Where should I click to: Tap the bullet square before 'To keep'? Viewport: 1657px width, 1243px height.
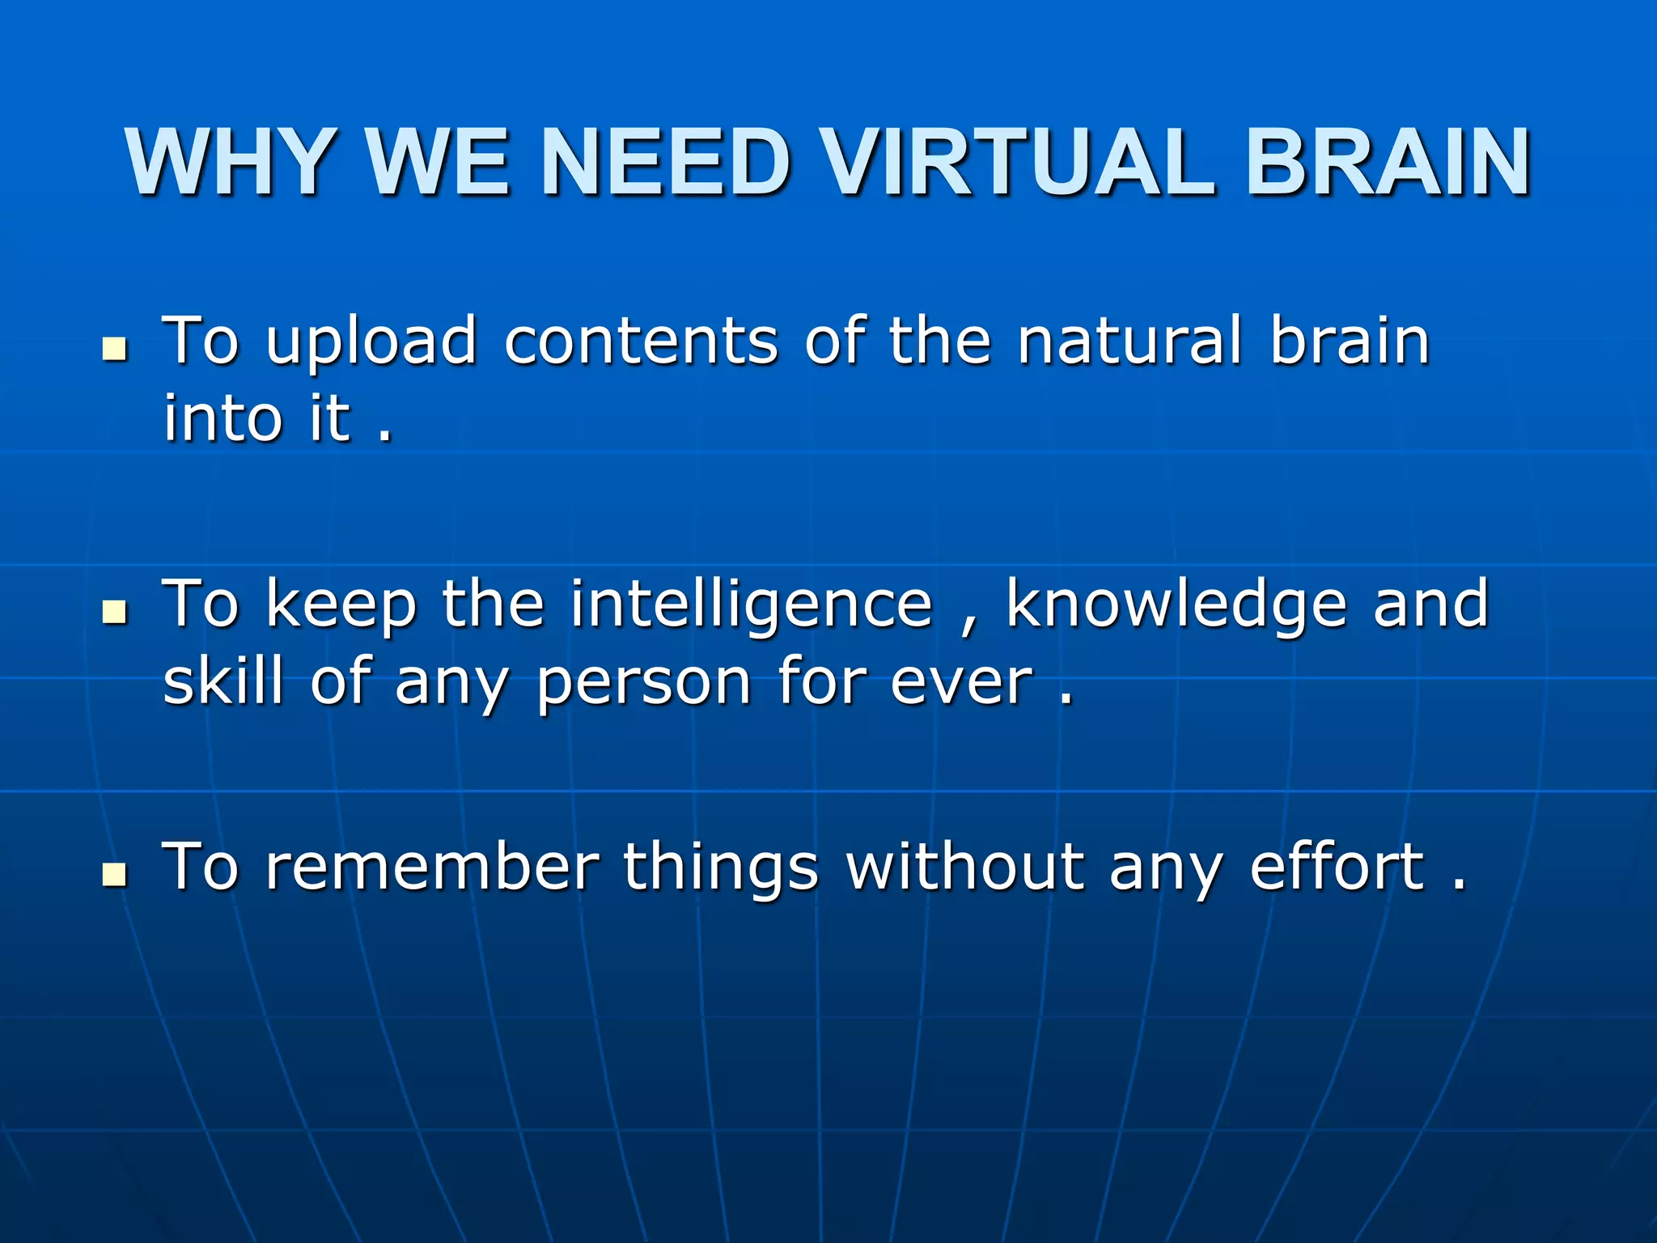[x=116, y=613]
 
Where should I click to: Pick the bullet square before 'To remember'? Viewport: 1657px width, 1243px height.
[x=116, y=875]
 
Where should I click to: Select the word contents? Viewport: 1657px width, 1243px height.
[x=641, y=342]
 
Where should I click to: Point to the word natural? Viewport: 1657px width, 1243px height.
[x=1129, y=342]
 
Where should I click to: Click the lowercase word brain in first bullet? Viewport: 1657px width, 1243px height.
[x=1350, y=342]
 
